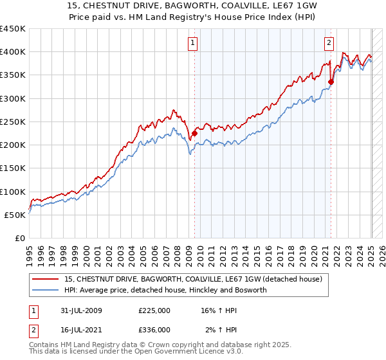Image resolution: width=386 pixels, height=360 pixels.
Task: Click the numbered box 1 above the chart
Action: [x=193, y=43]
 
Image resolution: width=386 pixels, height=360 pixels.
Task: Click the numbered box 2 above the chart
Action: [x=329, y=43]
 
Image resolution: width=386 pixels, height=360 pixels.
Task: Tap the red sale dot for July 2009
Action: [x=194, y=134]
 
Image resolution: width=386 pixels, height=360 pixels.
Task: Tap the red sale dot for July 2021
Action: [x=331, y=82]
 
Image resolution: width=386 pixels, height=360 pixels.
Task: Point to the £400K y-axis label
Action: [x=13, y=52]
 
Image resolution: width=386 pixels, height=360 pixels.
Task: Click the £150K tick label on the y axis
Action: [x=13, y=168]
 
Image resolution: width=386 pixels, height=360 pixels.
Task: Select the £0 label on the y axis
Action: [x=20, y=239]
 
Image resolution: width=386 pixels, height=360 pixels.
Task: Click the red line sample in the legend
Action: [x=46, y=278]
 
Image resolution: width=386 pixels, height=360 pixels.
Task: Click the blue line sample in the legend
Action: [x=46, y=290]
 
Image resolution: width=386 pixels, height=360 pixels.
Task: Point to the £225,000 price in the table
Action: [x=154, y=310]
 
